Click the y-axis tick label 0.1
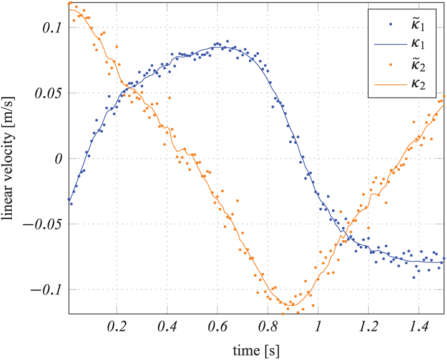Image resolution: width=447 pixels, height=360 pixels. coord(51,28)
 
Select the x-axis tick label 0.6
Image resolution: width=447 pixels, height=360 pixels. coord(217,327)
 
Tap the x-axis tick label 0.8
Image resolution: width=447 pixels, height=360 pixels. coord(268,327)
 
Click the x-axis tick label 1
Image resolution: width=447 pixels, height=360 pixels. coord(318,327)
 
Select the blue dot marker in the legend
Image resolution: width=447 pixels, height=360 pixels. coord(391,24)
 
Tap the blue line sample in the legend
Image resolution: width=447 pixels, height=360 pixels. coord(391,44)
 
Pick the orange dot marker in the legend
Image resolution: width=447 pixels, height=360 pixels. coord(391,64)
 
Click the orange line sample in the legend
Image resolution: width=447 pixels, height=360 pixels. coord(391,84)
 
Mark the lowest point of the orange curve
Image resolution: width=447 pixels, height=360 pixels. coord(292,305)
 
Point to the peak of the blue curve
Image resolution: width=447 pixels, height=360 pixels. coord(217,47)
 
